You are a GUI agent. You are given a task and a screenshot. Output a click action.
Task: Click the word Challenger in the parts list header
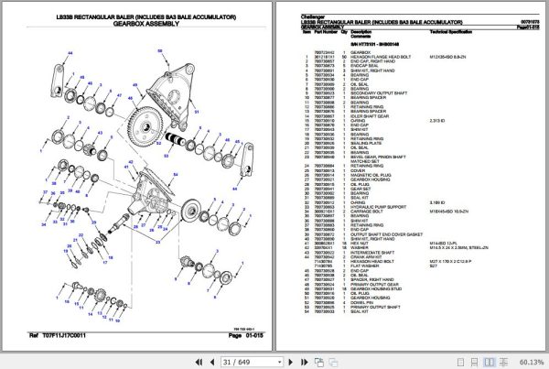coord(314,17)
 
